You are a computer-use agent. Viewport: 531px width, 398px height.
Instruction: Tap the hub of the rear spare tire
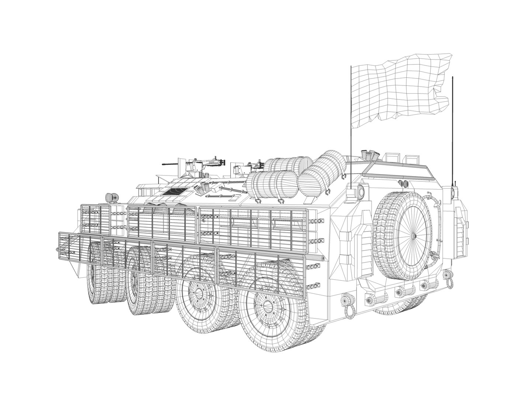pos(413,236)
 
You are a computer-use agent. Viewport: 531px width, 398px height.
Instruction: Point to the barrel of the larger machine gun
pos(170,163)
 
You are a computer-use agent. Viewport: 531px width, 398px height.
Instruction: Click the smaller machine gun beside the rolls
pos(254,165)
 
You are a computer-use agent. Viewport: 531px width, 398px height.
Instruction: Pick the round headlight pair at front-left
pos(111,198)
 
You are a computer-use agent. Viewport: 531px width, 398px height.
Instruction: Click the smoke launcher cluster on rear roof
pos(369,155)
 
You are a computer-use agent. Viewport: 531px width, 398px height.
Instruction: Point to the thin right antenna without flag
pos(452,129)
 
